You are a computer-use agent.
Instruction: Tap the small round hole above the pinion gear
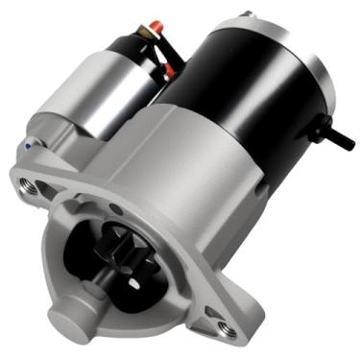tap(115, 205)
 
